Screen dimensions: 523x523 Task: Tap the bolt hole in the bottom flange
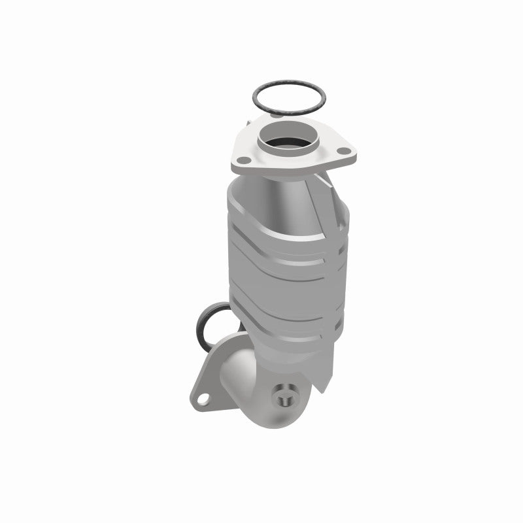coord(205,396)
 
